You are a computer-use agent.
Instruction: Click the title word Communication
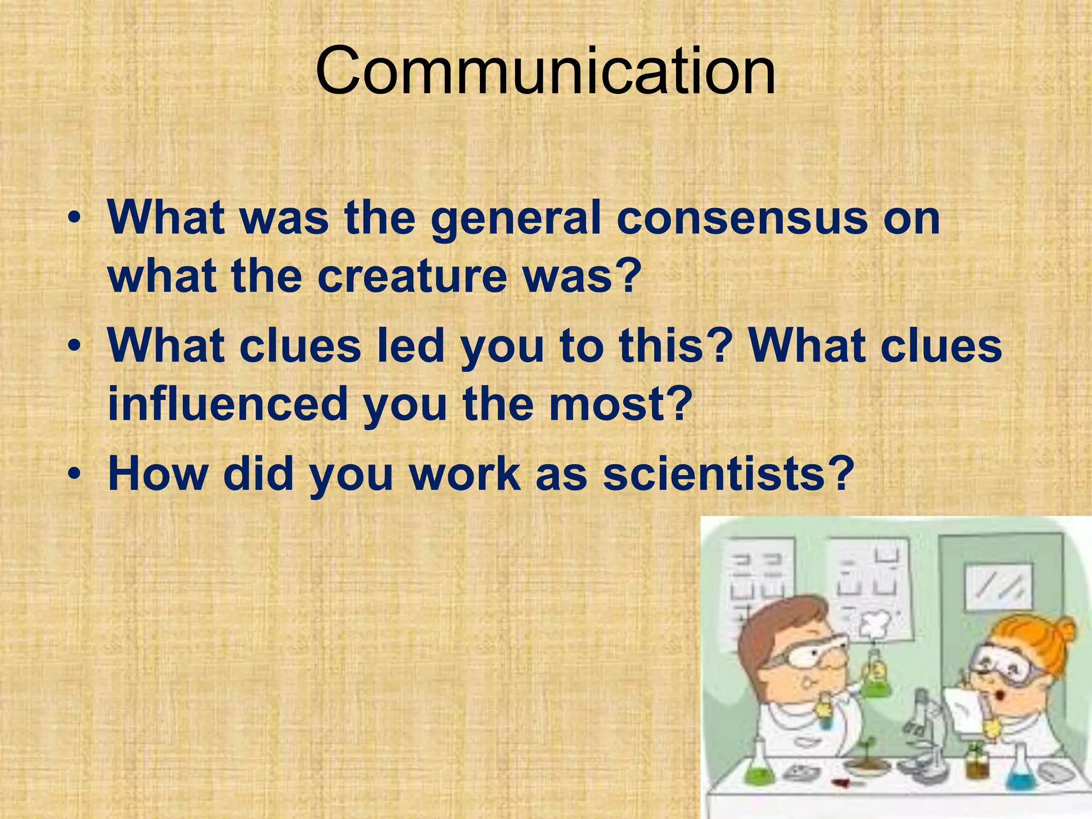point(545,71)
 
